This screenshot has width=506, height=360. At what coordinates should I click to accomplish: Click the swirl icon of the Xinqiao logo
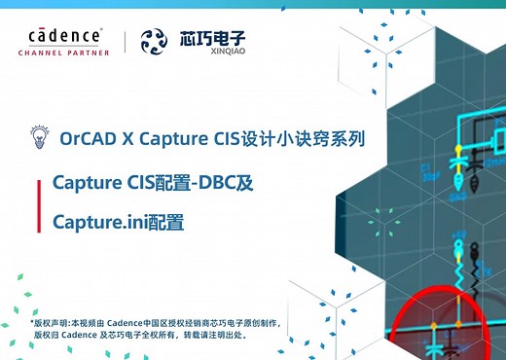[x=155, y=42]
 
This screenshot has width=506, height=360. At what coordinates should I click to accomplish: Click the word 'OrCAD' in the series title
[x=89, y=137]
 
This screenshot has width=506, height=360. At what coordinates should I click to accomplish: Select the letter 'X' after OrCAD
[x=128, y=137]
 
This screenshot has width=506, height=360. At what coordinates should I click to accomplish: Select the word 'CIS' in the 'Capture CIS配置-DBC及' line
[x=143, y=182]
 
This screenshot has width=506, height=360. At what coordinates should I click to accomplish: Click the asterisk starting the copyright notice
[x=32, y=321]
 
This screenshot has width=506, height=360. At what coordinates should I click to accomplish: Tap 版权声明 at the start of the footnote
[x=52, y=322]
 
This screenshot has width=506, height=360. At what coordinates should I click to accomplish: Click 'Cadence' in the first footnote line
[x=123, y=322]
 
